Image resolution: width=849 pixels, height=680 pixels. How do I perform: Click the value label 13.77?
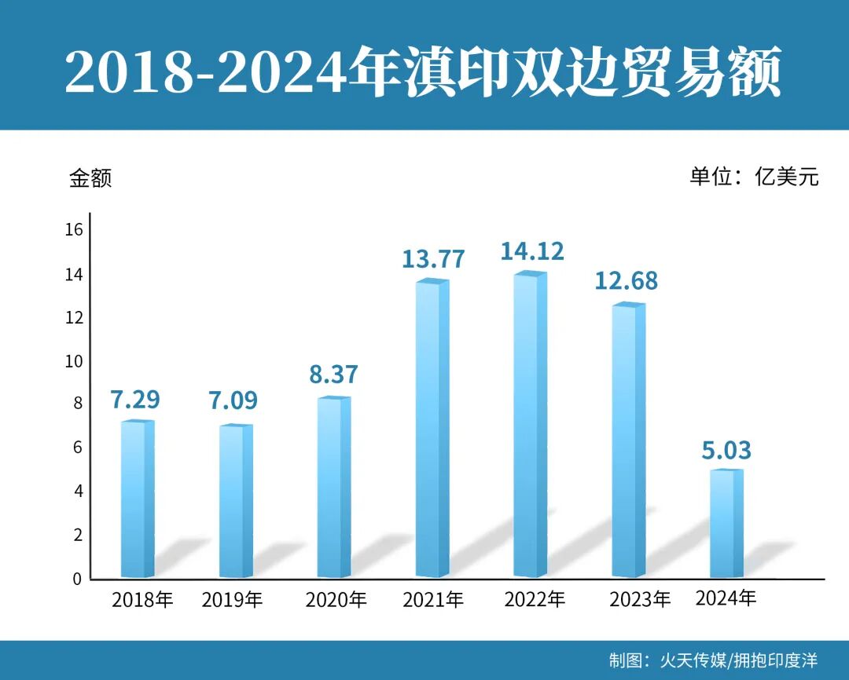tap(433, 258)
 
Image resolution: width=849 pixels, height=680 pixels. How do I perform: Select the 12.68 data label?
tap(626, 280)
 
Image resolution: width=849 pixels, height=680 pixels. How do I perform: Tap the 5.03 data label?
tap(726, 451)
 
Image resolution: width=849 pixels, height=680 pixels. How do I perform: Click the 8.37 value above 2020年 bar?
tap(333, 374)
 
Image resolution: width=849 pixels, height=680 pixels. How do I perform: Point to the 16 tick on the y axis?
tap(74, 230)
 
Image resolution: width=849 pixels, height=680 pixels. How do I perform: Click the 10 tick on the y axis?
tap(74, 361)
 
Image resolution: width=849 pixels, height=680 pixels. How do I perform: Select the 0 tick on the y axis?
tap(77, 579)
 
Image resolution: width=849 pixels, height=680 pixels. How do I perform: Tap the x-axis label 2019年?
tap(232, 601)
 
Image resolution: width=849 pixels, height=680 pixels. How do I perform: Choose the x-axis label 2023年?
tap(640, 600)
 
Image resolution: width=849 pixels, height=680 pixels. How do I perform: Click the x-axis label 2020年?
tap(336, 601)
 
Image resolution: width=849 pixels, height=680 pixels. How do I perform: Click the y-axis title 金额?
tap(90, 178)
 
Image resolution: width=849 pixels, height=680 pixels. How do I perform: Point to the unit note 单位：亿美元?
tap(754, 177)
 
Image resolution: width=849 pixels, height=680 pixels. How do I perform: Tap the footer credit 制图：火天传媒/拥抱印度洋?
tap(713, 660)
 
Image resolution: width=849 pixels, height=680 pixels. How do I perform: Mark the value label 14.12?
tap(532, 251)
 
